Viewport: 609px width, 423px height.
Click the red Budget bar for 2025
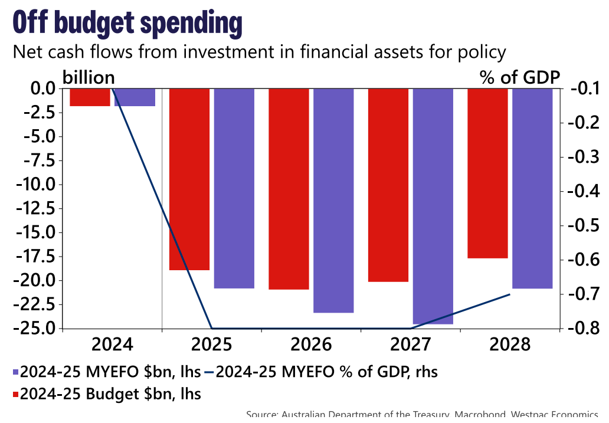tap(189, 179)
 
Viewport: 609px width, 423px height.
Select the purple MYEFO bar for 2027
tap(433, 206)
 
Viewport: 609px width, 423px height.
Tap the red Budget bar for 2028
tap(487, 173)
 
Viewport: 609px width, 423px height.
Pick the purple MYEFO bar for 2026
tap(333, 200)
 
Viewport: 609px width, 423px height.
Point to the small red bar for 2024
tap(90, 97)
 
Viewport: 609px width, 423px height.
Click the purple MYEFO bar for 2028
tap(532, 188)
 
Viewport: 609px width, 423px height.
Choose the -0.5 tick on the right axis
tap(583, 226)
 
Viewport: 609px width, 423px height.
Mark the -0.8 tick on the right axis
tap(583, 328)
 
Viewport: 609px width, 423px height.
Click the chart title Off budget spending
tap(127, 24)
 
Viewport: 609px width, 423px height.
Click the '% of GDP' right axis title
tap(520, 77)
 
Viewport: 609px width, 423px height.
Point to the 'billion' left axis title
tap(89, 77)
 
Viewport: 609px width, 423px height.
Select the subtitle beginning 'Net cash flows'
tap(259, 52)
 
